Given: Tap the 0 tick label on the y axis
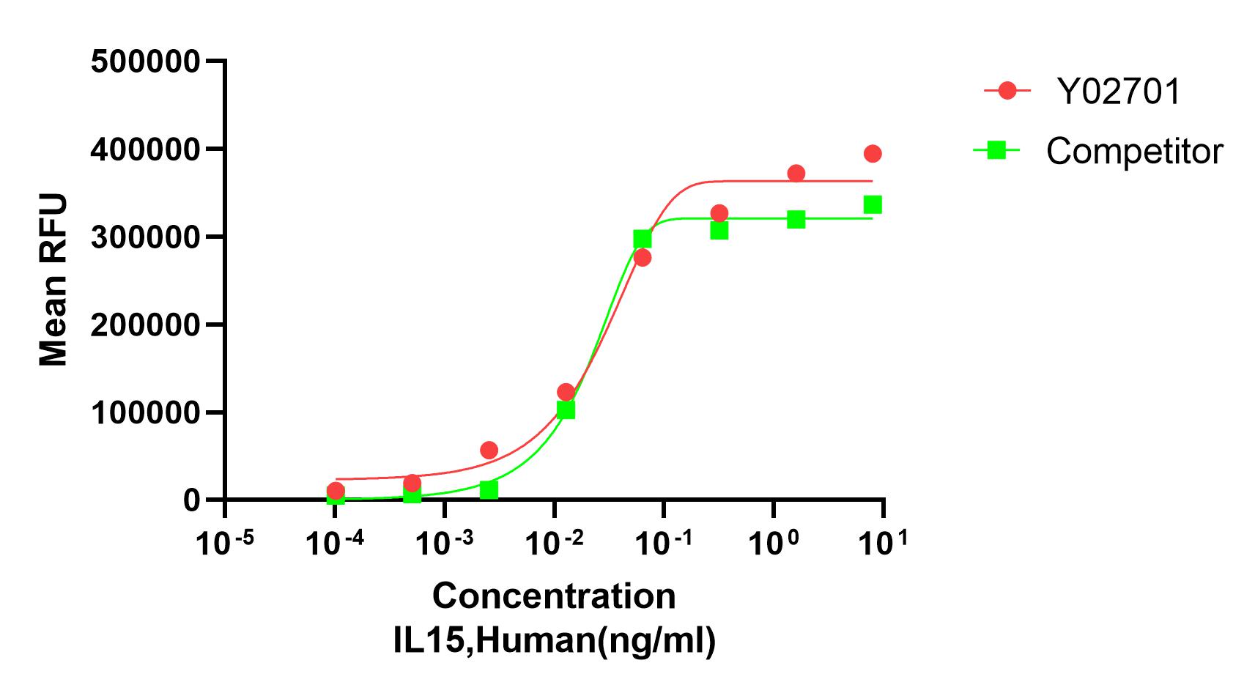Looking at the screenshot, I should tap(192, 500).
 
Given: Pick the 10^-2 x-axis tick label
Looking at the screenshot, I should tap(554, 543).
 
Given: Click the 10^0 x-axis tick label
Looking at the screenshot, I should tap(774, 543).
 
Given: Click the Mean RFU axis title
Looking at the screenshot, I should tap(53, 280).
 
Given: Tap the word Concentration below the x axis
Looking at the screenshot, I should tap(554, 596).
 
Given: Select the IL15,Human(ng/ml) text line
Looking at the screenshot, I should tap(554, 640).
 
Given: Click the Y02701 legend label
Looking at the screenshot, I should tap(1118, 92).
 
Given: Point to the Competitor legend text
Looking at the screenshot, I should tap(1134, 152).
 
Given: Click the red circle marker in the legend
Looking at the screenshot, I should tap(1007, 91).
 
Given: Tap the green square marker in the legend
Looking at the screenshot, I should tap(996, 150).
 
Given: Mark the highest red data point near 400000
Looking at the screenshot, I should tap(872, 154).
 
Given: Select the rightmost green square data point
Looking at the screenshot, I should tap(872, 204).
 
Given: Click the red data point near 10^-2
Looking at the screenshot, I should tap(566, 392).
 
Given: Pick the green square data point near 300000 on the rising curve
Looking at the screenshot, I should tap(643, 239).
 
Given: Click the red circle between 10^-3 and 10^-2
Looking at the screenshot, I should tap(489, 450).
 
